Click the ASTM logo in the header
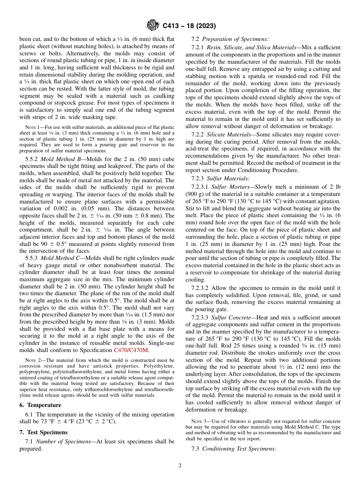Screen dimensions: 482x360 (153, 26)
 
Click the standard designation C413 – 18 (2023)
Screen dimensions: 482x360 (189, 26)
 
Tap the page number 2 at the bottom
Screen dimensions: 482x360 (180, 466)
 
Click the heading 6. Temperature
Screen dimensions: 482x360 (40, 405)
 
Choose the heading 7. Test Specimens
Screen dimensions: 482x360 (44, 432)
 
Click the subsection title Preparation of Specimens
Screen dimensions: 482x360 (235, 39)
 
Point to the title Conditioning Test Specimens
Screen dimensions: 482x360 (239, 449)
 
